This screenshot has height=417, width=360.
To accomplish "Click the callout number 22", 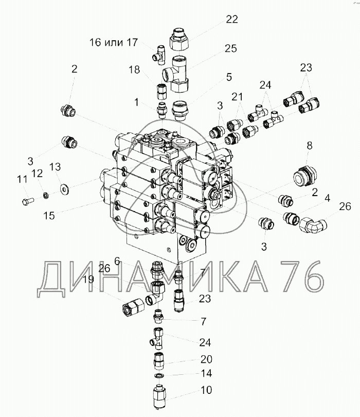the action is [x=231, y=20].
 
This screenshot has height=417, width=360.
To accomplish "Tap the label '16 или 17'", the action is [x=114, y=42].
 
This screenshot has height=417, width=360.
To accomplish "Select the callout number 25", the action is [x=230, y=49].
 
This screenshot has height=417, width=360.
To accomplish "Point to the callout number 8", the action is [x=310, y=146].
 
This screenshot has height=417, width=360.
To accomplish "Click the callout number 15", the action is [x=49, y=215].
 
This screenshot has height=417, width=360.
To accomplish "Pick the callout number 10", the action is [x=206, y=390].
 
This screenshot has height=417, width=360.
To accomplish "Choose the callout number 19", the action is [x=88, y=280].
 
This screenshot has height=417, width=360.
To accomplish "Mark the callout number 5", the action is [x=229, y=77].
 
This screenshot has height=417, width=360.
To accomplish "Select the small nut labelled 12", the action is [x=46, y=196].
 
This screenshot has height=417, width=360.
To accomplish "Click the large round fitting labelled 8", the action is [x=305, y=177].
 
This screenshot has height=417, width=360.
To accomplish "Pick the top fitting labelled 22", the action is [x=179, y=39].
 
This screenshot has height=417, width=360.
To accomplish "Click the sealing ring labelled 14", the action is [x=159, y=375].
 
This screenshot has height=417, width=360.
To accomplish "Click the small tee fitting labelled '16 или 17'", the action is [x=159, y=55].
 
